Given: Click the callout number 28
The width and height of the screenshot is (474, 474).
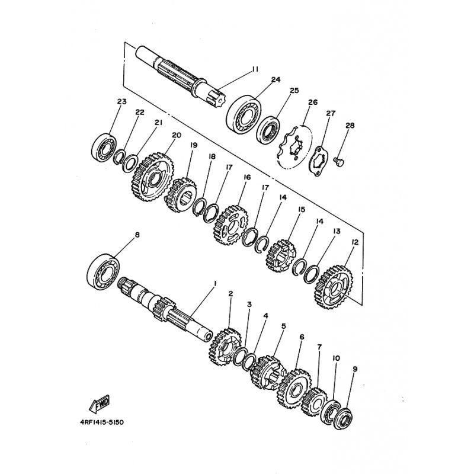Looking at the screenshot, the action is coord(350,125).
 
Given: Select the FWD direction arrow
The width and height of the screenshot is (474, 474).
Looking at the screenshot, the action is coord(100,404).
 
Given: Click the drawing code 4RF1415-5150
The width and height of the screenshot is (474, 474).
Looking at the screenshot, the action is coord(101,422).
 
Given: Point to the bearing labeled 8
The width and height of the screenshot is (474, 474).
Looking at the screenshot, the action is coord(103,272).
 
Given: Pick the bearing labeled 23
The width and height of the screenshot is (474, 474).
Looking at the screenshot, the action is coord(104,147).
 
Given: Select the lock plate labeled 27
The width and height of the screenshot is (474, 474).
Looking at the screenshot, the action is coord(319,161).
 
